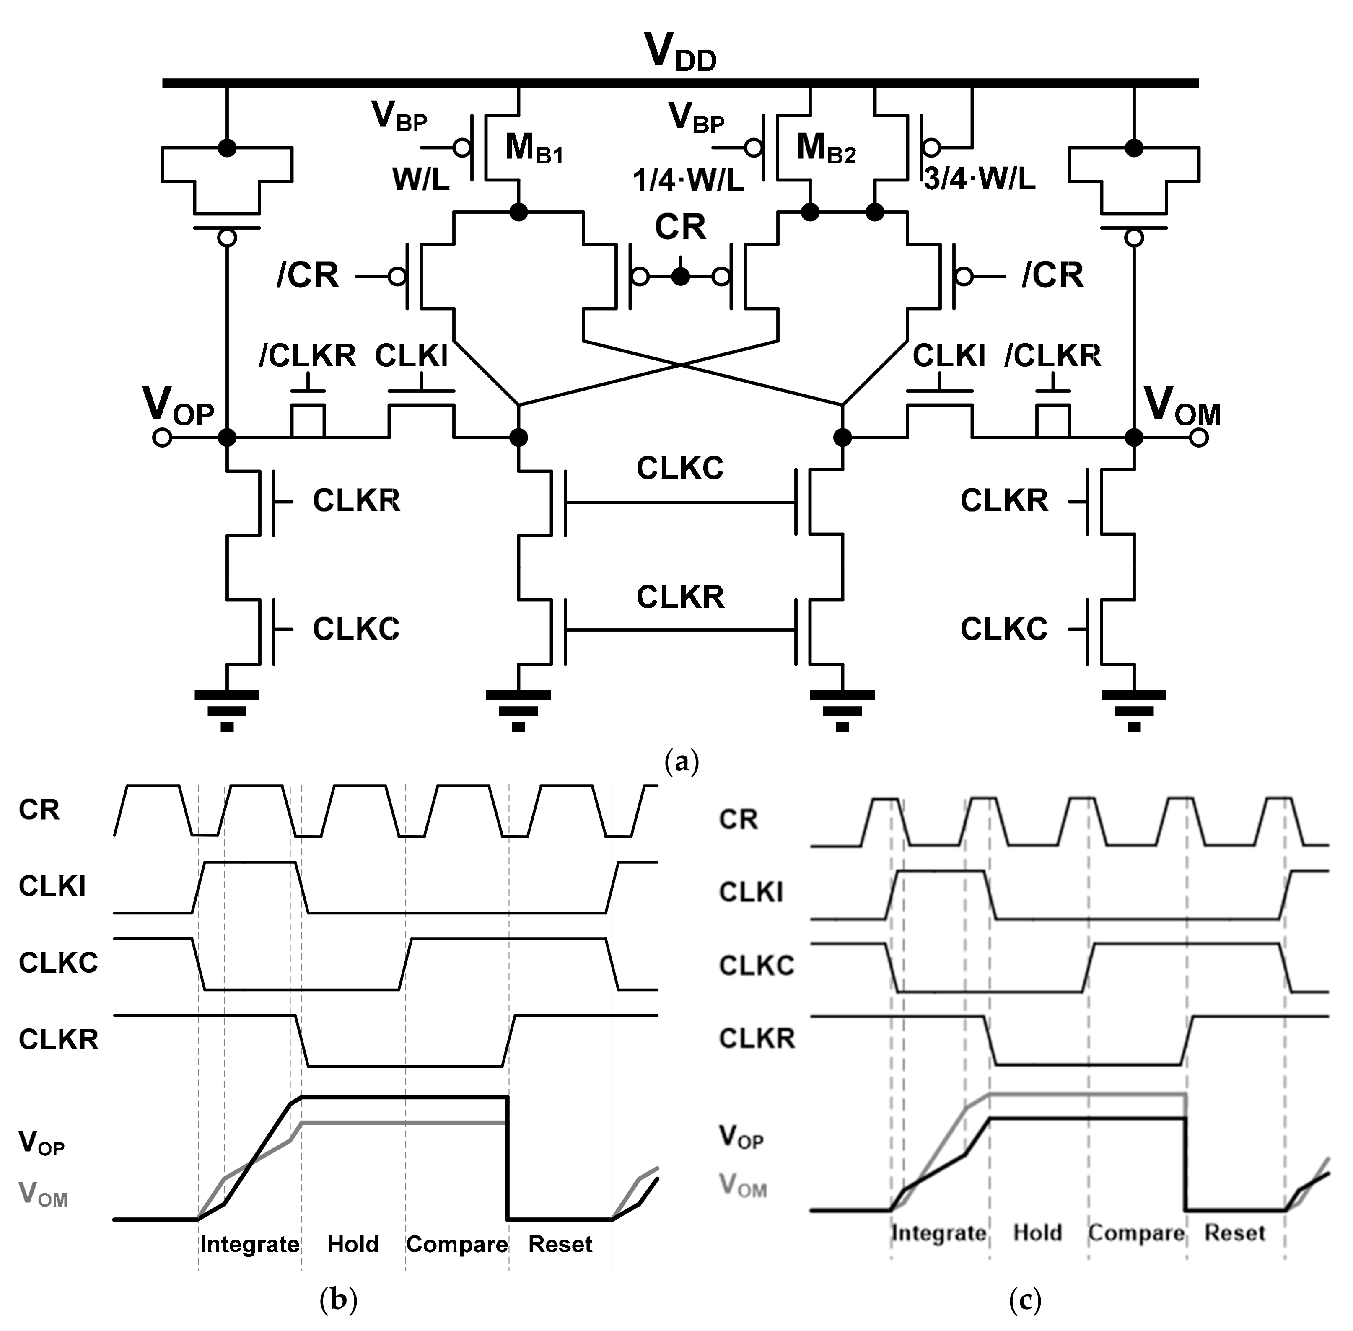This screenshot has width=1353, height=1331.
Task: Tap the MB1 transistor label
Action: tap(533, 148)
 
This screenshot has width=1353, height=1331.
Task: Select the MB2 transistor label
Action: tap(825, 148)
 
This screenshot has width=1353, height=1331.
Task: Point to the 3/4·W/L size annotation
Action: tap(979, 180)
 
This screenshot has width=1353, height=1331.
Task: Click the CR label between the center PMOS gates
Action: tap(680, 227)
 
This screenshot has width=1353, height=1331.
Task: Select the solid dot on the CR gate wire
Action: tap(680, 277)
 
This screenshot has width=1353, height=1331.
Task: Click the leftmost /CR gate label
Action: tap(308, 275)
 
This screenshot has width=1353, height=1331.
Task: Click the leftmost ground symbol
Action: tap(227, 710)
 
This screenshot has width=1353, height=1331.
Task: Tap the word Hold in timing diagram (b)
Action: tap(353, 1244)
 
